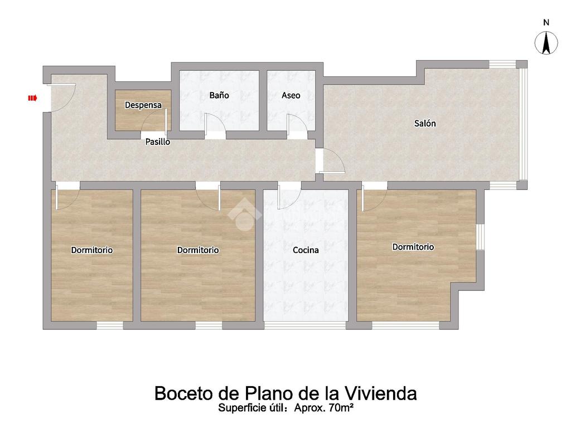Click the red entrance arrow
point(33,98)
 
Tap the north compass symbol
point(546,43)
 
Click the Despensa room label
point(143,105)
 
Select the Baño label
point(219,95)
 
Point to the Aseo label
point(291,95)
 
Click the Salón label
point(425,123)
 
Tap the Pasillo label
point(158,142)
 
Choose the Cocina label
point(306,250)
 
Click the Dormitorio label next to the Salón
point(413,247)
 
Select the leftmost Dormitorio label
point(92,250)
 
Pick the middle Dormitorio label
point(198,250)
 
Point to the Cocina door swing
point(289,197)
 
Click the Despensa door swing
point(154,120)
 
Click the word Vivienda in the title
point(380,393)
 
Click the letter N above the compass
point(546,22)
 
